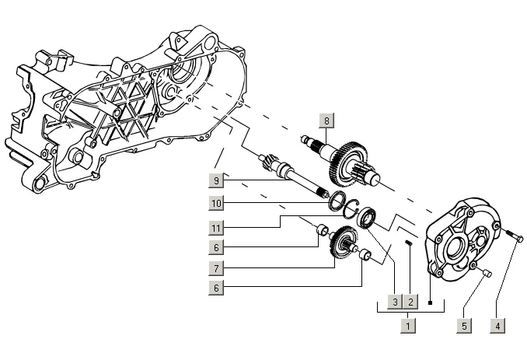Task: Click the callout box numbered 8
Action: [326, 121]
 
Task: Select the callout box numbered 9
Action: [216, 180]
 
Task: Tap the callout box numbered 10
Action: [216, 204]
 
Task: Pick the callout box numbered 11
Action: [216, 229]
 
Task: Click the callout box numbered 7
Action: [216, 268]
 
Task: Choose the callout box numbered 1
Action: [408, 326]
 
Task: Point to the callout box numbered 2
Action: [410, 302]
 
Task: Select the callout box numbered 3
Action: [395, 302]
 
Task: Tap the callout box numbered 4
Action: [497, 326]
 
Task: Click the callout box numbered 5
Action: [464, 326]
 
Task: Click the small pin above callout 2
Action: [409, 242]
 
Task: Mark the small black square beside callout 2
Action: [430, 303]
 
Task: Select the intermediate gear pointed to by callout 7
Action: [344, 241]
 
